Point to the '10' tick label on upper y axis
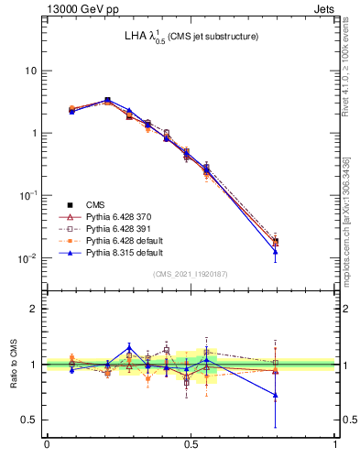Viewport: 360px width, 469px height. pyautogui.click(x=30, y=71)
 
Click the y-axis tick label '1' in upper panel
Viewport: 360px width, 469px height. pyautogui.click(x=34, y=133)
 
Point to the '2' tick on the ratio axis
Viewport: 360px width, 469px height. pyautogui.click(x=34, y=310)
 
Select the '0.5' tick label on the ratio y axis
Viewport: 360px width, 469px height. pyautogui.click(x=28, y=420)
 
